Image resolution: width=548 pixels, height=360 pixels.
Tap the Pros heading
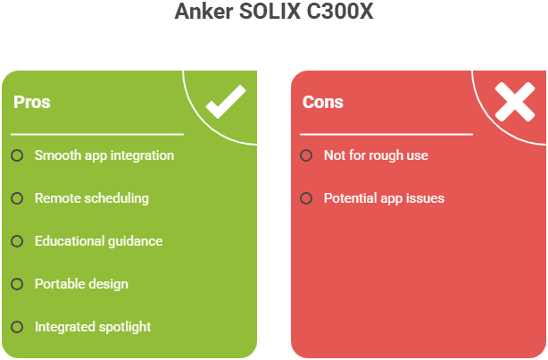coord(32,102)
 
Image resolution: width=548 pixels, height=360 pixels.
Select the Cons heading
coord(322,102)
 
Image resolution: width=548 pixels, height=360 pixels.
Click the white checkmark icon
coord(226,105)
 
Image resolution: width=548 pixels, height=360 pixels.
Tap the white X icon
coord(515,102)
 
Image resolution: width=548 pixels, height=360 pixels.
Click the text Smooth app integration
coord(104,155)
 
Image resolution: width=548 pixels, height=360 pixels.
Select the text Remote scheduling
coord(92,198)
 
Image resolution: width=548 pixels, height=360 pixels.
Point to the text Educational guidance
coord(99,241)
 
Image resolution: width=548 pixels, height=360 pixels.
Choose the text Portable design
coord(81,284)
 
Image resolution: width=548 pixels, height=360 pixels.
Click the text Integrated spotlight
coord(93,327)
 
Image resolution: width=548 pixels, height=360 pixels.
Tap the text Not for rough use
coord(376,155)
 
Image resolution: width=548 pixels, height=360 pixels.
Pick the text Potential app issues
coord(384,198)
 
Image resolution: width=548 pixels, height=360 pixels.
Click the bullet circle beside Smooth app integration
coord(17,155)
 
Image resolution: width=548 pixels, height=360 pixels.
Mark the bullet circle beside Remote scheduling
coord(17,198)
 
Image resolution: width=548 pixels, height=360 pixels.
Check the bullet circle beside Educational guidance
coord(17,241)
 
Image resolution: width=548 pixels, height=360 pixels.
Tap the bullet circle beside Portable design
coord(17,284)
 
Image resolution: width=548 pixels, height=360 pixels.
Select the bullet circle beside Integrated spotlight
coord(17,327)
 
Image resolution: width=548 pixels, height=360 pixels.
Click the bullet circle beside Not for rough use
coord(306,155)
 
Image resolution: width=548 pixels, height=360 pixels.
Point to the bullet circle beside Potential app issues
coord(306,198)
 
